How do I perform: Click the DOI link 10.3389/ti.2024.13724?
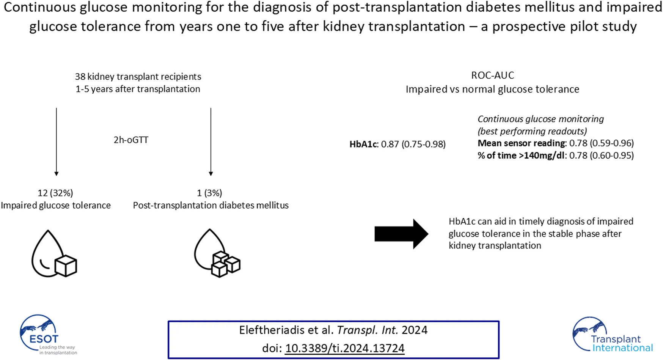(344, 348)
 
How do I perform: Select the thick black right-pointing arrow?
(401, 234)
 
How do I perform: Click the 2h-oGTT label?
(131, 140)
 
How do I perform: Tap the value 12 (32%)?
(55, 193)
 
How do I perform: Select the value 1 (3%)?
(209, 193)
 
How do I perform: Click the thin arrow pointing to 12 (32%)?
(57, 142)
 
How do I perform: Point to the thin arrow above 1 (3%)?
(211, 142)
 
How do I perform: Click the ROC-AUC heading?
(492, 75)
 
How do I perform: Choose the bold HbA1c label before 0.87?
(363, 144)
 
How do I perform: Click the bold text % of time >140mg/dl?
(521, 156)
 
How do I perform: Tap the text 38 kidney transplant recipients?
(138, 77)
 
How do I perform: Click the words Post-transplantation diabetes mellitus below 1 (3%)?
(211, 205)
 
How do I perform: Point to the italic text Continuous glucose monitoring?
(540, 119)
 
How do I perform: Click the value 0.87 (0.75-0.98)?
(413, 144)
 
